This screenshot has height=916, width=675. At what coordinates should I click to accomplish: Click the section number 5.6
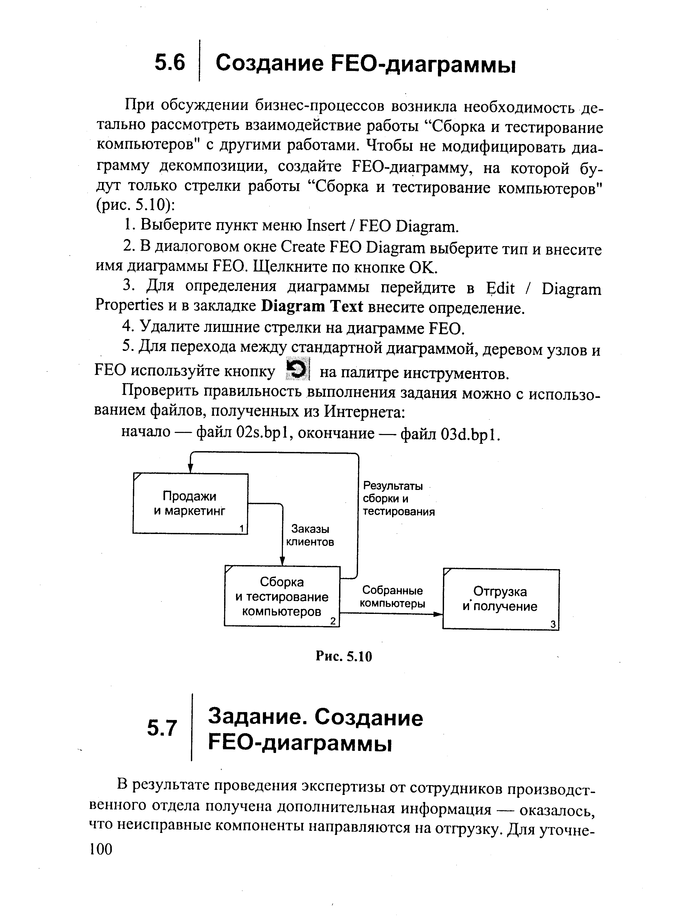point(170,63)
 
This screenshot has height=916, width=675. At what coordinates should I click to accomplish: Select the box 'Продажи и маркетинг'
point(190,504)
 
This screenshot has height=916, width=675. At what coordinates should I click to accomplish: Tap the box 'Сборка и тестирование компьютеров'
point(282,596)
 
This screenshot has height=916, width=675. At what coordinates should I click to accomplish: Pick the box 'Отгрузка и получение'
point(500,599)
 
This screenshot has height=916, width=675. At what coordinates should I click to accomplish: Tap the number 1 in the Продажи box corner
point(242,528)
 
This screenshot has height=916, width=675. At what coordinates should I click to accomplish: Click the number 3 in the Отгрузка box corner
point(553,624)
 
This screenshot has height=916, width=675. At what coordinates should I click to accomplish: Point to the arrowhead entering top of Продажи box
point(190,469)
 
